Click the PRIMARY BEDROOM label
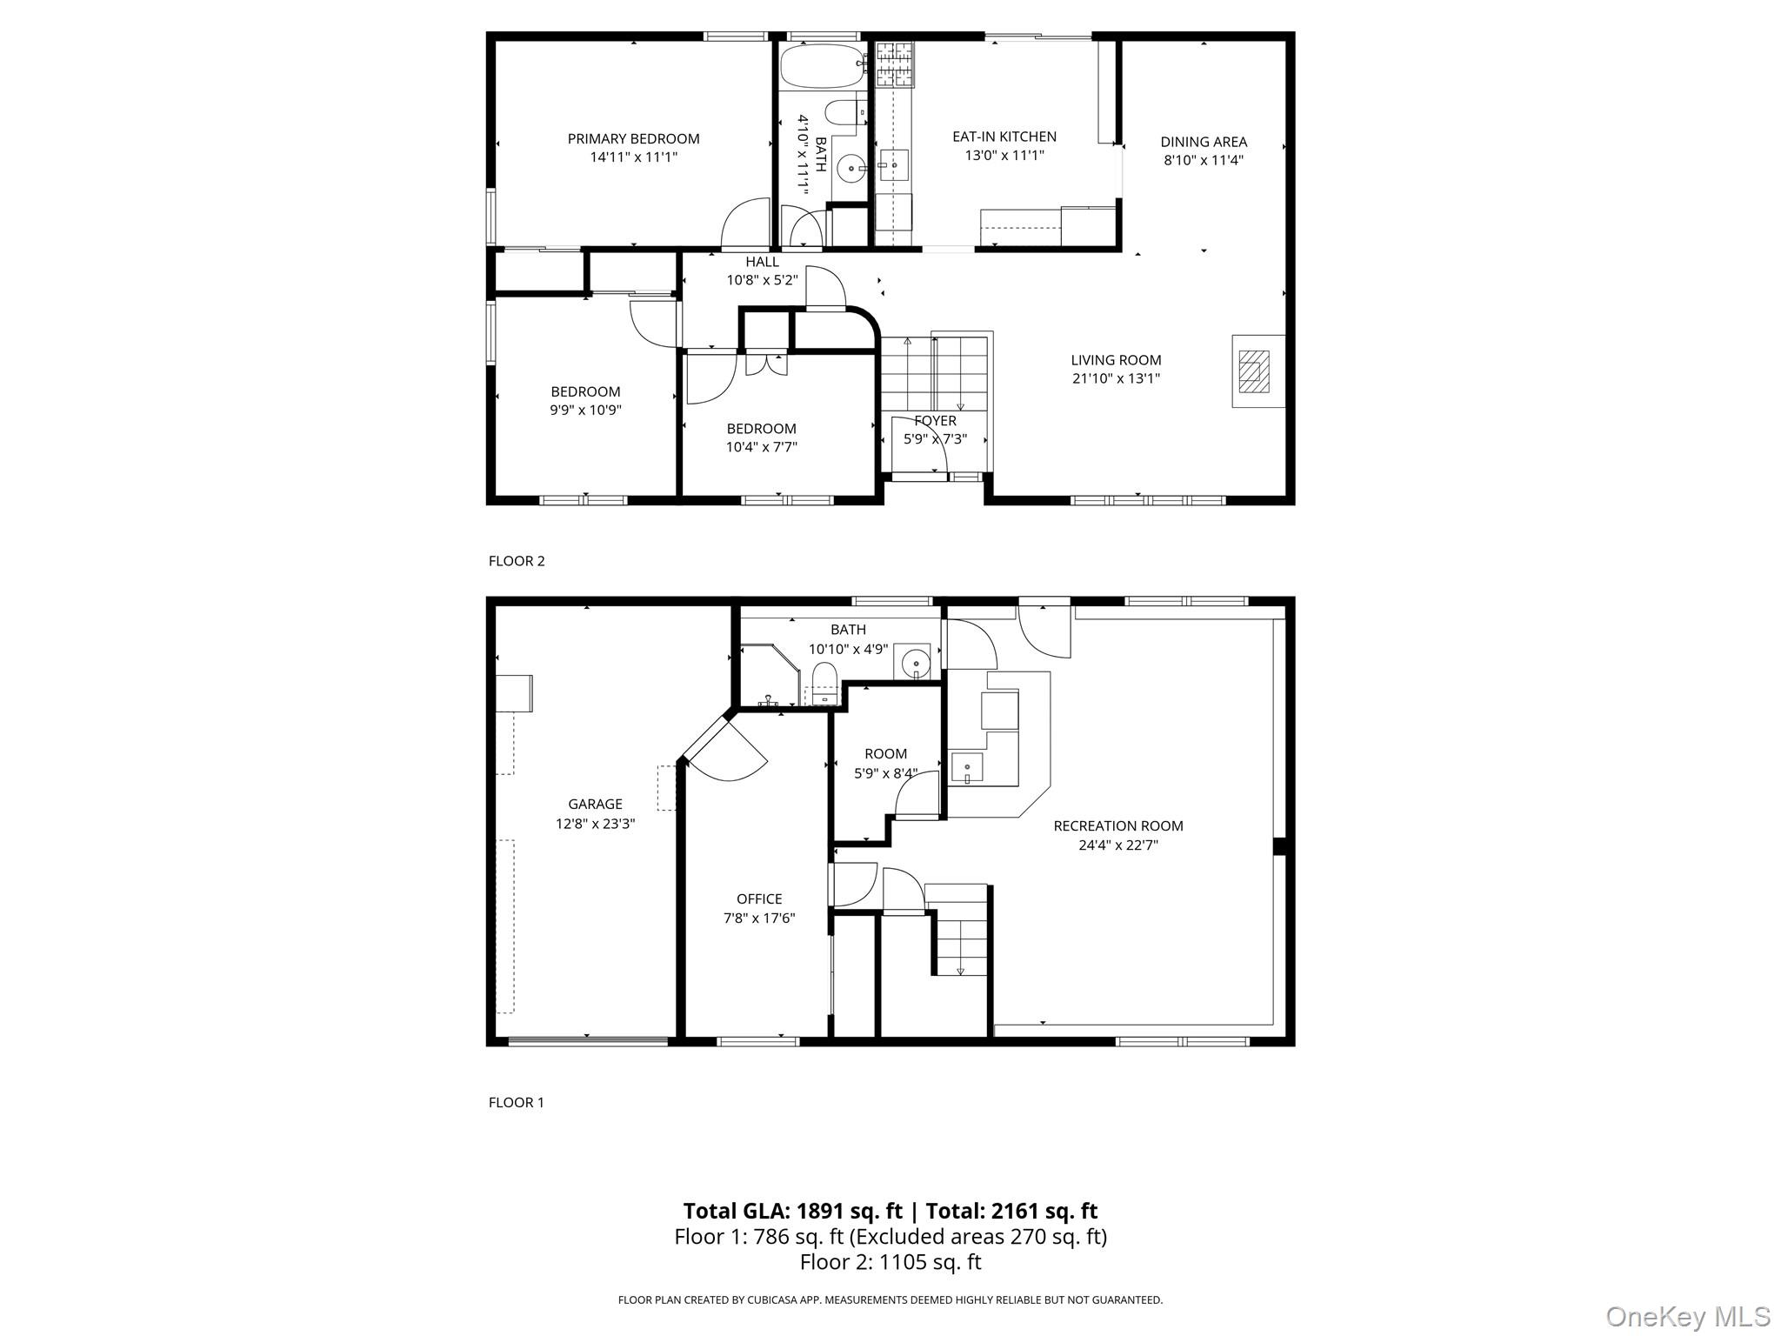click(x=633, y=139)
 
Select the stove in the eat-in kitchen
click(x=895, y=65)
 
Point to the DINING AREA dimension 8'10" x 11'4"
click(x=1204, y=160)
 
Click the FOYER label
click(x=935, y=421)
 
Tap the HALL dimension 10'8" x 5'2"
click(x=762, y=280)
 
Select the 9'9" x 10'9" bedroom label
click(x=585, y=391)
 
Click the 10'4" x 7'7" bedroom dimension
click(x=762, y=447)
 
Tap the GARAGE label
click(x=595, y=805)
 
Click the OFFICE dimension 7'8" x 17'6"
click(x=759, y=918)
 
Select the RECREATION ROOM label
click(x=1118, y=826)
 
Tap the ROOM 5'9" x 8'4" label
click(x=885, y=754)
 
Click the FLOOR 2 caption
click(x=517, y=561)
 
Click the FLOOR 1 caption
click(x=517, y=1103)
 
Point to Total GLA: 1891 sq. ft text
click(x=792, y=1211)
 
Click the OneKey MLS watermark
click(x=1687, y=1317)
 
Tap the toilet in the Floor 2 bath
click(x=843, y=115)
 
